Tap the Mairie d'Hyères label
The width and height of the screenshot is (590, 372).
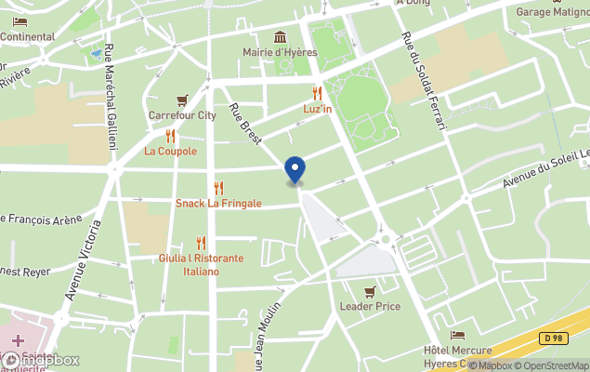tap(279, 52)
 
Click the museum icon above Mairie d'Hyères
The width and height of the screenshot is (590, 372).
tap(280, 36)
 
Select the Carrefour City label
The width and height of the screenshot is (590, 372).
tap(182, 115)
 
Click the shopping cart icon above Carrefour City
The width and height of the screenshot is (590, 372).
tap(182, 100)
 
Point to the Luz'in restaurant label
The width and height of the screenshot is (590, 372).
tap(318, 109)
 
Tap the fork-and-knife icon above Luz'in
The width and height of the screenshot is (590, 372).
tap(318, 93)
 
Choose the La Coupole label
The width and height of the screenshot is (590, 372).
tap(170, 151)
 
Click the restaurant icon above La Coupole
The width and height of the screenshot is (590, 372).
tap(170, 135)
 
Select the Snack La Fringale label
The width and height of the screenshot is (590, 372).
tap(218, 204)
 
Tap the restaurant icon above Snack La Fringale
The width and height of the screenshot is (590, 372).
tap(218, 188)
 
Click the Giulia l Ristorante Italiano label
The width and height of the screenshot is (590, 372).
tap(201, 264)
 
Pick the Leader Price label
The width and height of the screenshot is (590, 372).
tap(370, 306)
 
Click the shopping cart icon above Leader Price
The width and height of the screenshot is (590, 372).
tap(370, 290)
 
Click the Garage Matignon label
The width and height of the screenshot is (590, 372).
tap(553, 12)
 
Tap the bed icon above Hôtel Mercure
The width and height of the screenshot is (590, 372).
tap(457, 335)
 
